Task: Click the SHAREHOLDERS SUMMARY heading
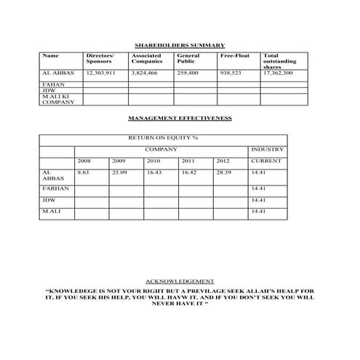(180, 45)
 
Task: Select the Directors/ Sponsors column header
(100, 58)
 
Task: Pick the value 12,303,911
(101, 73)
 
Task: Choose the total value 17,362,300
(278, 73)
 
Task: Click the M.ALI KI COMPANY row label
(57, 100)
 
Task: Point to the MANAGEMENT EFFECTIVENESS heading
(180, 119)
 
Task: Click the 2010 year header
(153, 161)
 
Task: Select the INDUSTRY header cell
(267, 149)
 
